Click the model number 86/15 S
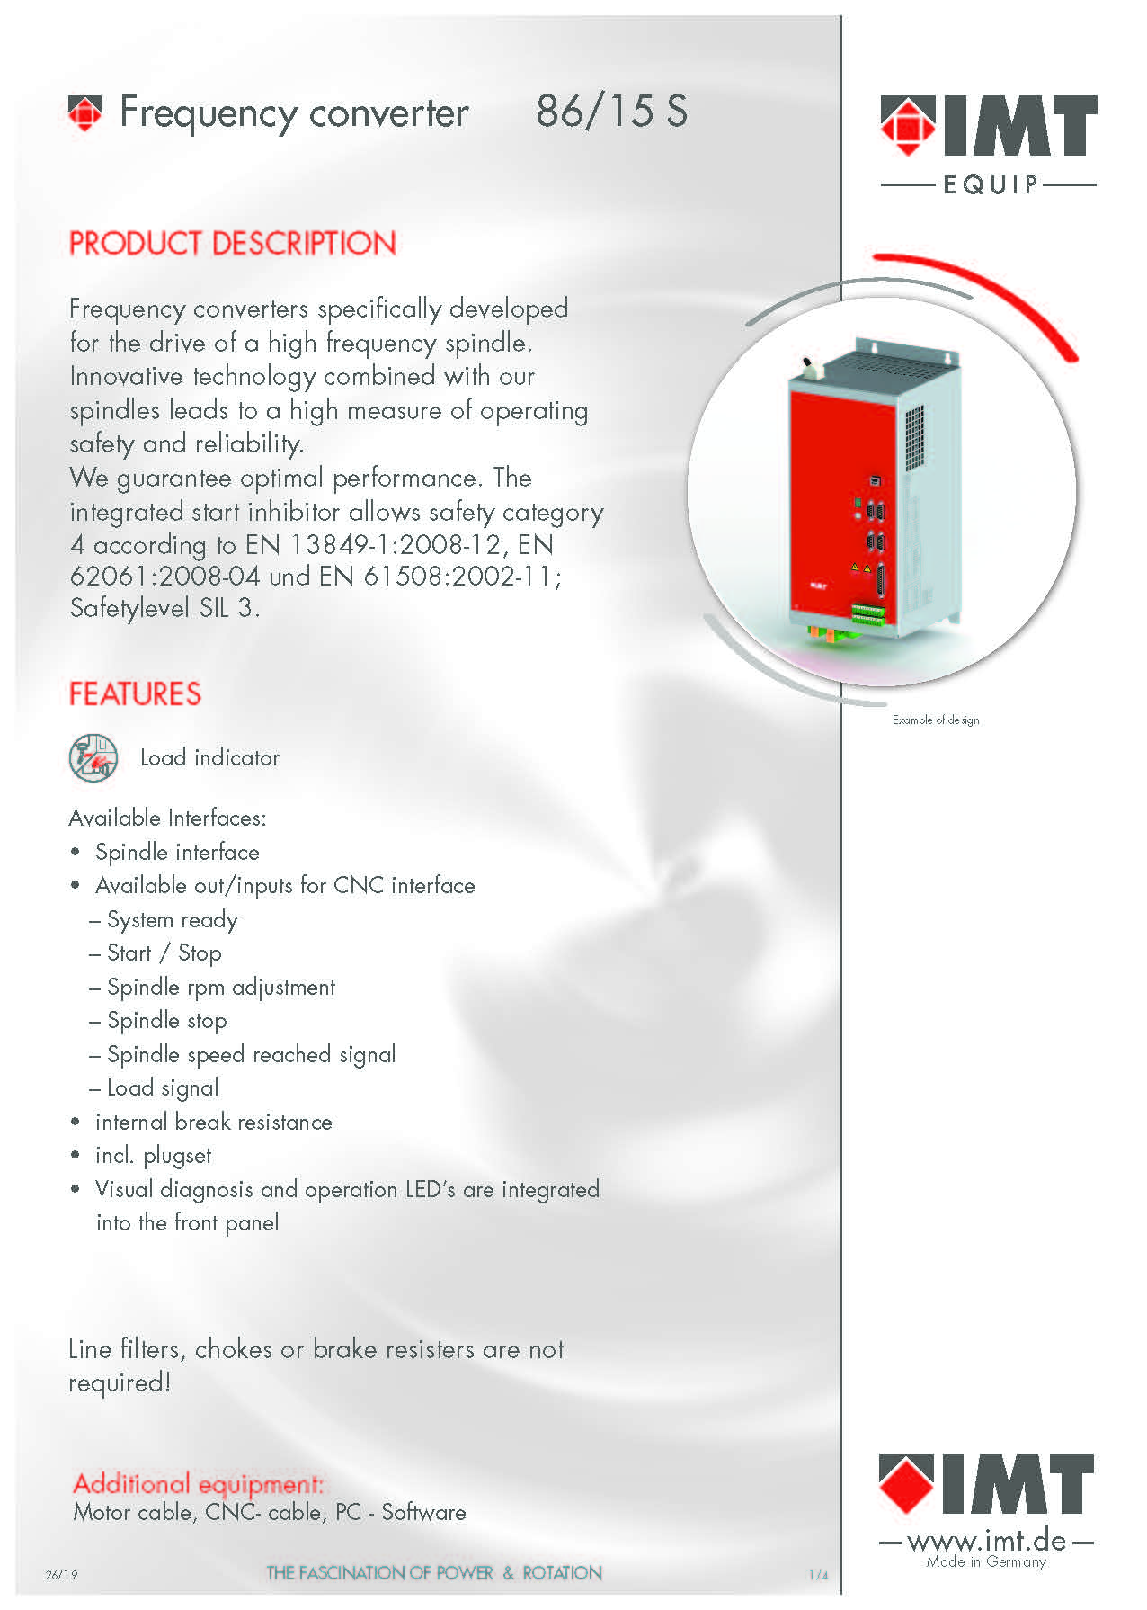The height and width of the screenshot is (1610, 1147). point(611,112)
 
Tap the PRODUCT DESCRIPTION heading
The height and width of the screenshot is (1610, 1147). point(233,244)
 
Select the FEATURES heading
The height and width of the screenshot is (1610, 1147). point(135,694)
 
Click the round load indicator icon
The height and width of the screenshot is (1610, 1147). point(93,757)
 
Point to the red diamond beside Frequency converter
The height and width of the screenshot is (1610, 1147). point(85,113)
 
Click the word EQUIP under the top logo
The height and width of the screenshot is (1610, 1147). point(990,185)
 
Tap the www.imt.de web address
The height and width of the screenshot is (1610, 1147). point(986,1542)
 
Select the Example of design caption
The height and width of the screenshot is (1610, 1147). point(936,720)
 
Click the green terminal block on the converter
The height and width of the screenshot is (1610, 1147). point(868,615)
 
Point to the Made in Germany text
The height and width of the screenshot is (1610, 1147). point(986,1562)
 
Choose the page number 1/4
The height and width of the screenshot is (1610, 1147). point(818,1575)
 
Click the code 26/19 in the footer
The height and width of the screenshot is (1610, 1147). point(61,1575)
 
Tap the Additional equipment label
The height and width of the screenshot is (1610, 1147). point(198,1483)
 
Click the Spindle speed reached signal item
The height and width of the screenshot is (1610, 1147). point(251,1055)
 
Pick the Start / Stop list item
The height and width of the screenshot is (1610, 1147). point(164,953)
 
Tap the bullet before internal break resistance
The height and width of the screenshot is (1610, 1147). point(76,1123)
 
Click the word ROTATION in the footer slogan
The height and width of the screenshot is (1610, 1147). point(562,1573)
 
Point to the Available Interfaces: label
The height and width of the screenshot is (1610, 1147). point(167,818)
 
